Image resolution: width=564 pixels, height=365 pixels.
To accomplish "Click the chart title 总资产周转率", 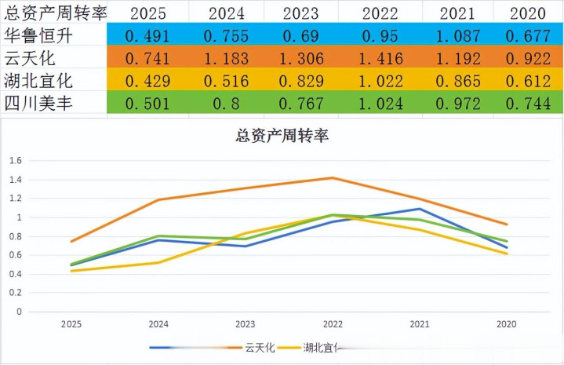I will coord(282,135).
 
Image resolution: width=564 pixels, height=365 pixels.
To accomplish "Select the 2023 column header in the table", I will coord(301,12).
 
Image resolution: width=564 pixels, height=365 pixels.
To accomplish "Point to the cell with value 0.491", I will coord(147,35).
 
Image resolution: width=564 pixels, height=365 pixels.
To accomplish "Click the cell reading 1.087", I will coord(458,35).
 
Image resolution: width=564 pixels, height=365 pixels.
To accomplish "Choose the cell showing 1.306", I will coord(301,57).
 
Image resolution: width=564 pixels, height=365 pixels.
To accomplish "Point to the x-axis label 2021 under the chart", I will coord(419,323).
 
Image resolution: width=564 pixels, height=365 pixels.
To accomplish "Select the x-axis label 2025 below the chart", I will coord(71,323).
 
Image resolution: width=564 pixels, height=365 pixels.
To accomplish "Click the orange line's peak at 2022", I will coord(333,178).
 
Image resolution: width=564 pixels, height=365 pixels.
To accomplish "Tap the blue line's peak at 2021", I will coord(420,209).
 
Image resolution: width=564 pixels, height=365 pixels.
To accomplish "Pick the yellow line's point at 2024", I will coord(158,262).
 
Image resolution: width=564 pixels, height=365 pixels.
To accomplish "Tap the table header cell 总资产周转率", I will coord(55,12).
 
